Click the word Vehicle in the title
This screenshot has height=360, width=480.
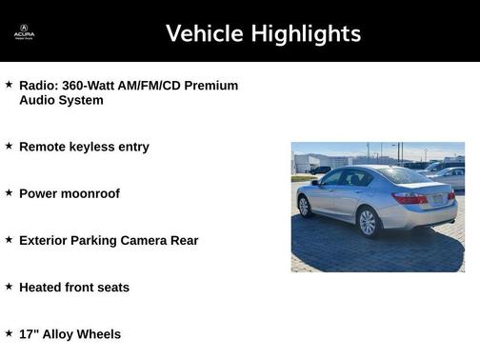(x=204, y=33)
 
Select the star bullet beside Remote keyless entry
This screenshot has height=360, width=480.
(x=9, y=146)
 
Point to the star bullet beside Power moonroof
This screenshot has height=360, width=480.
(x=9, y=192)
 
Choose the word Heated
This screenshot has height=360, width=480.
(x=41, y=287)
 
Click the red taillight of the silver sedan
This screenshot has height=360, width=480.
(x=410, y=198)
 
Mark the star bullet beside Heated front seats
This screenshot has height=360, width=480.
(x=9, y=286)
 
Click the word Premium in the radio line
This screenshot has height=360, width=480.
(x=211, y=86)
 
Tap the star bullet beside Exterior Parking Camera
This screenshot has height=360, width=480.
(x=9, y=239)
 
